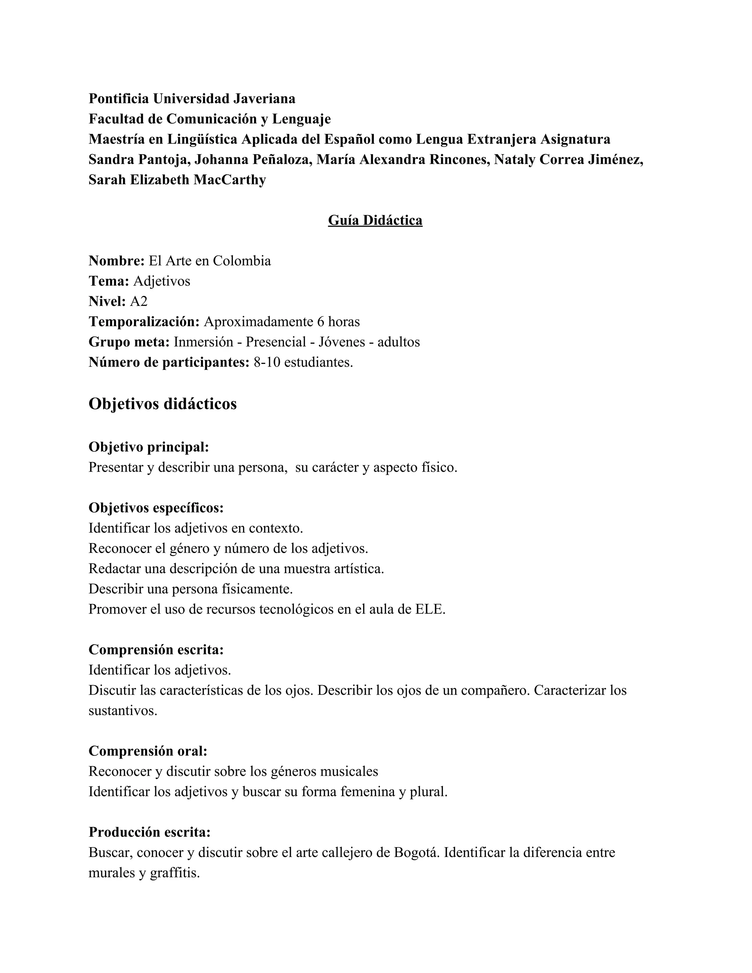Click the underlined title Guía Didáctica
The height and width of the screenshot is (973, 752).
point(375,220)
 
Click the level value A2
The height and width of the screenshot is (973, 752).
point(138,301)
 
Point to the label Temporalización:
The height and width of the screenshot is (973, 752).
point(144,321)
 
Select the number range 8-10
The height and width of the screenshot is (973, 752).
point(267,362)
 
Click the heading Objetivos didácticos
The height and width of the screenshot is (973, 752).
point(163,404)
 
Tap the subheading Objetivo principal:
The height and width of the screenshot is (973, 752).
point(149,446)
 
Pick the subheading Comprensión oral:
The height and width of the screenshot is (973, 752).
point(148,751)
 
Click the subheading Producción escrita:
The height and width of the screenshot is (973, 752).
point(149,832)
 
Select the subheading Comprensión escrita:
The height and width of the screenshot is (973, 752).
point(156,650)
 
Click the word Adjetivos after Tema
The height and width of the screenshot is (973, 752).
point(162,281)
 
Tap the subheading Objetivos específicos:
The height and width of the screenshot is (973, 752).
point(156,507)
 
